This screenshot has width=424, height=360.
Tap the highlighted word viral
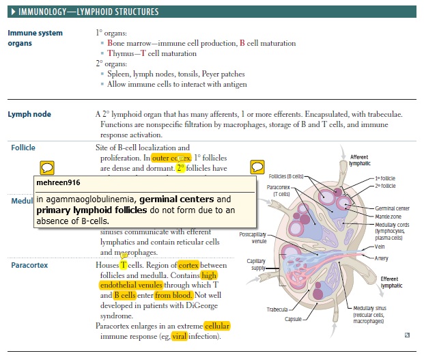(179, 336)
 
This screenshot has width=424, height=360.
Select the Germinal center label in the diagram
(392, 208)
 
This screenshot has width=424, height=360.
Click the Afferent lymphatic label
(360, 161)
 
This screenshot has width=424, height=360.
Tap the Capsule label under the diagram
(294, 319)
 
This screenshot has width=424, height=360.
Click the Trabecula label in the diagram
(278, 309)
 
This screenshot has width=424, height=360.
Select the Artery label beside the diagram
(381, 258)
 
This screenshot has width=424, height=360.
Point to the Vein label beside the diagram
(379, 247)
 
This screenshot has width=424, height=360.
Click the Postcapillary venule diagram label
(253, 238)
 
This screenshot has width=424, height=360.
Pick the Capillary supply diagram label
(256, 264)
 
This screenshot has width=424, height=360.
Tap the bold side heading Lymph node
(29, 114)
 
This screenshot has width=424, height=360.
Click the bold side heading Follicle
(23, 148)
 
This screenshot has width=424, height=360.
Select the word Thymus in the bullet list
(120, 53)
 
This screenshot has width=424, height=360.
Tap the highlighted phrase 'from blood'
(171, 295)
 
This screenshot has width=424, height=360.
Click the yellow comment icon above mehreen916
(47, 167)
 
